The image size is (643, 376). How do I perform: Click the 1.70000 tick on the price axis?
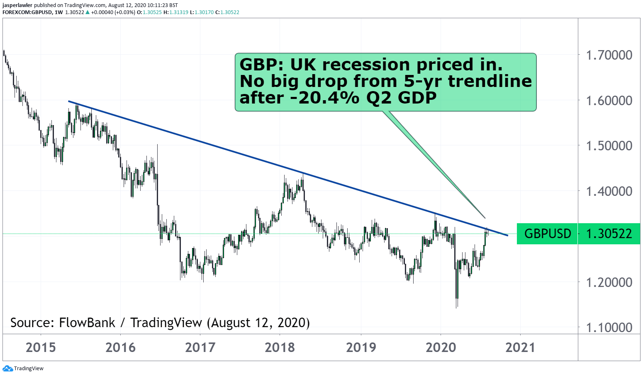point(609,55)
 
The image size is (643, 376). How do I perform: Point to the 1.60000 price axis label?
point(609,100)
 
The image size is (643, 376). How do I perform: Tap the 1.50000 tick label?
point(609,146)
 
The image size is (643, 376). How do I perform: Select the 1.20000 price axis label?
point(609,282)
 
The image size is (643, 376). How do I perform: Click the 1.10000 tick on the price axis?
point(609,328)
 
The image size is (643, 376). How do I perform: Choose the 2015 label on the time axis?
point(41,347)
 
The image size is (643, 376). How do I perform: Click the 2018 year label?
point(280,347)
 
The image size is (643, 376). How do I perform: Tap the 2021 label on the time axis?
point(520,347)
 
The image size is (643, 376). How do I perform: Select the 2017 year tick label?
point(200,347)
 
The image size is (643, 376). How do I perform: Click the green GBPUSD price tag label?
point(548,234)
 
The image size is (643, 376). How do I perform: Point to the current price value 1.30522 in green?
point(609,234)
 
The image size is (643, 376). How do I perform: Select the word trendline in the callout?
point(490,81)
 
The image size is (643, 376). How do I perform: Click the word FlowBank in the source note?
point(87,323)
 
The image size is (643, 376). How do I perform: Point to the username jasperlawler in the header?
point(17,5)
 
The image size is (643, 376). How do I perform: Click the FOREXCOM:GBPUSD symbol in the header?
point(27,12)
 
